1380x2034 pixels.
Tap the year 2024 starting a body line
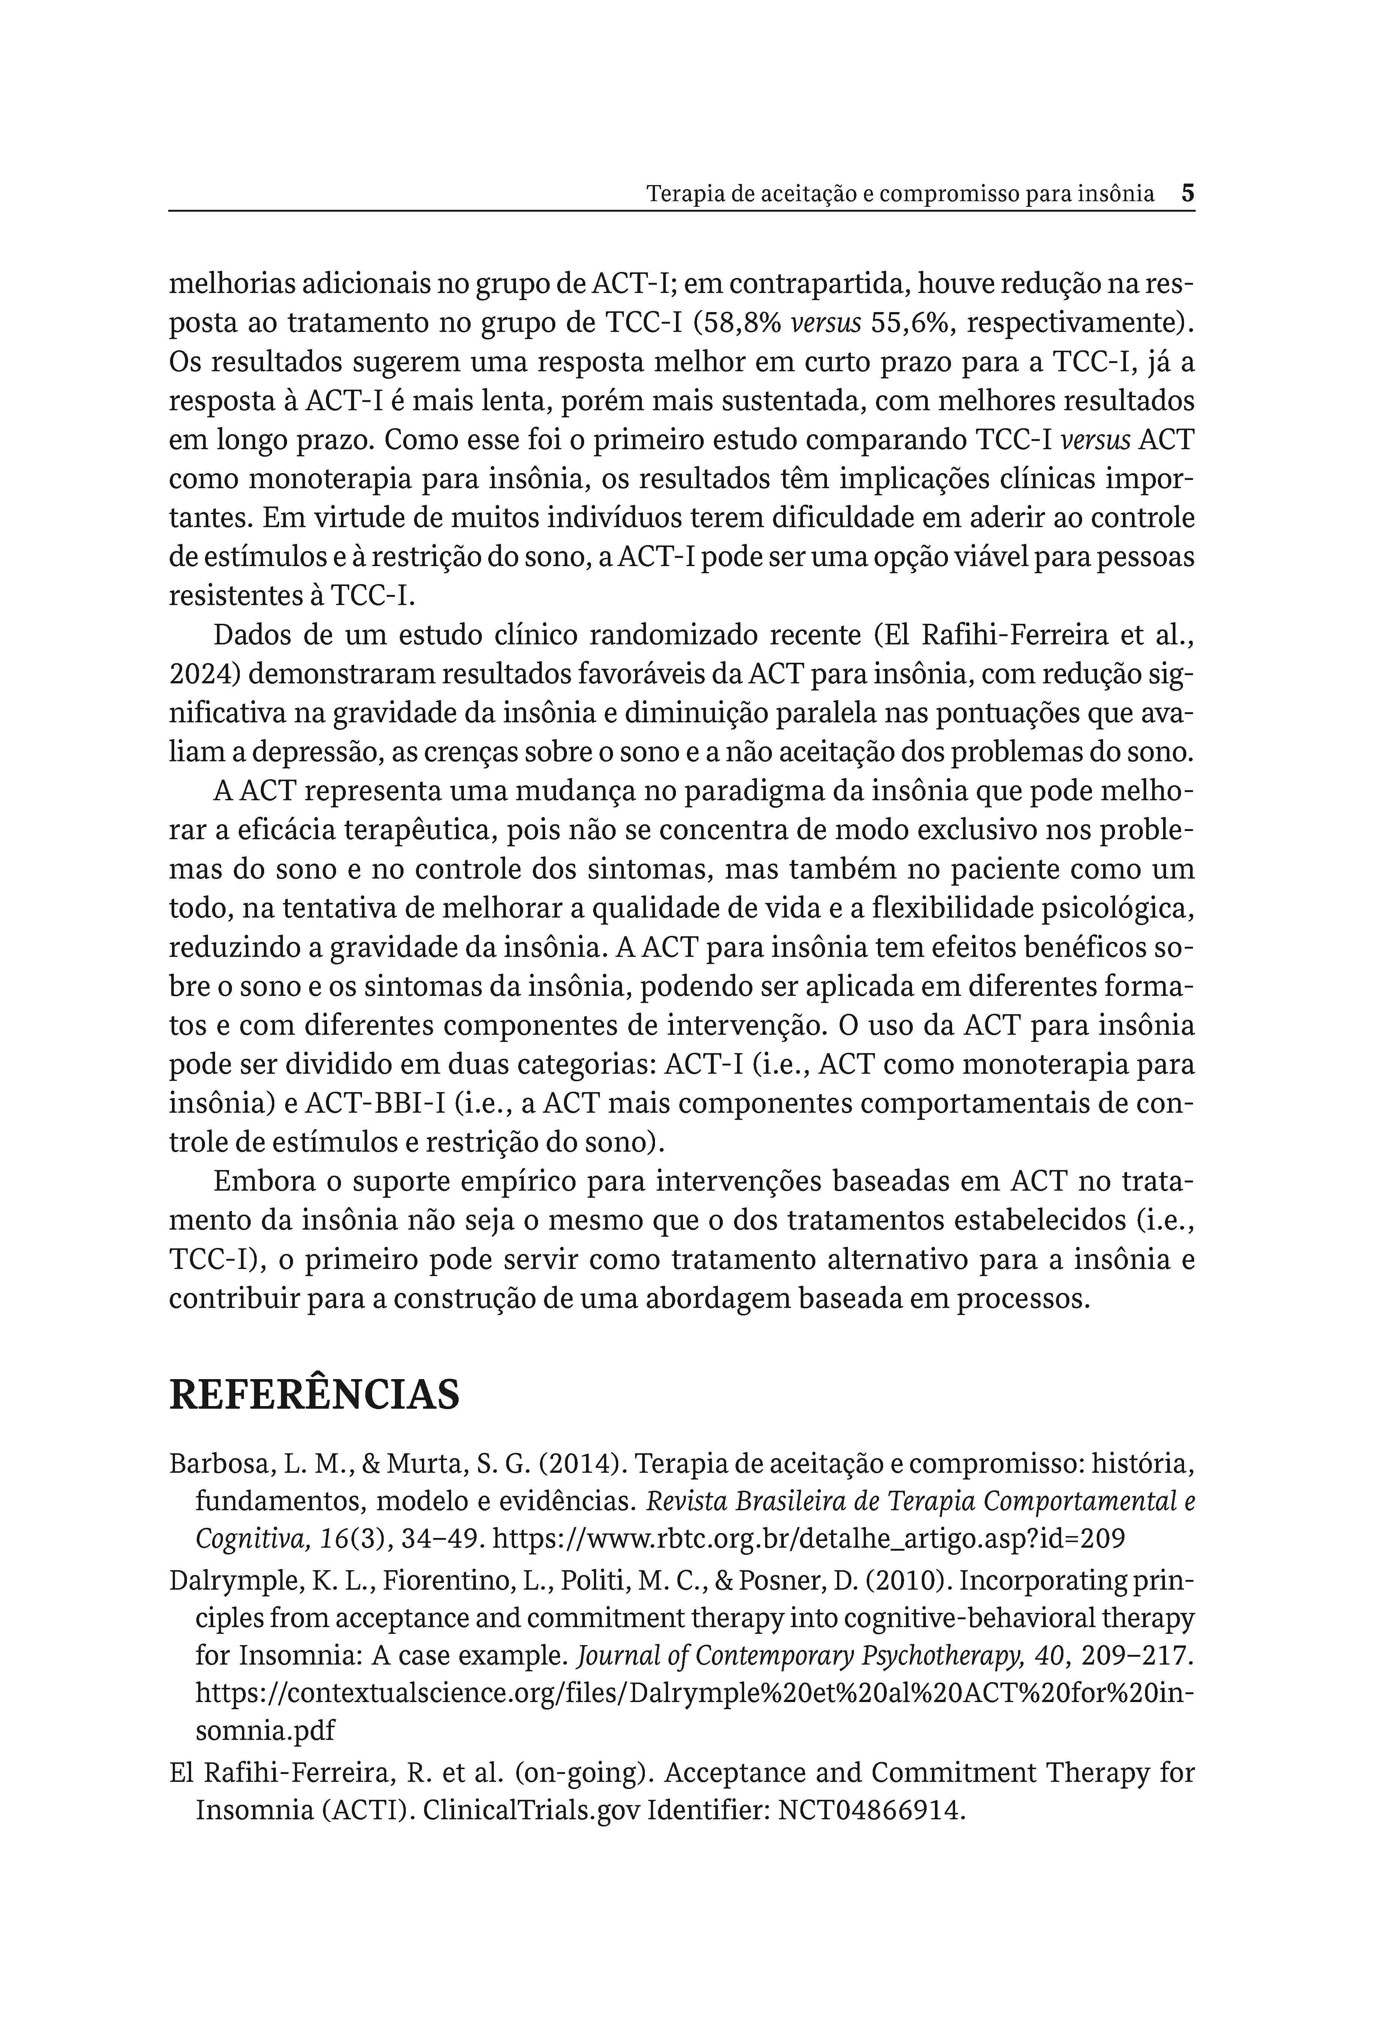(x=198, y=675)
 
